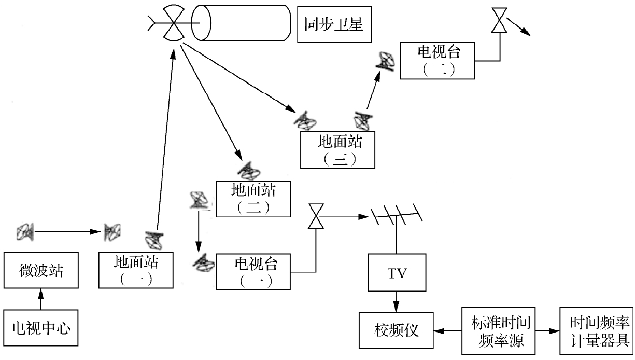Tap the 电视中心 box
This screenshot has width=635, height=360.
[x=41, y=328]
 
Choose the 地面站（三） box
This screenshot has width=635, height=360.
[x=337, y=150]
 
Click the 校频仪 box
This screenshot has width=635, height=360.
[x=397, y=330]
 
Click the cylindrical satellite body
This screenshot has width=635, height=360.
[x=241, y=24]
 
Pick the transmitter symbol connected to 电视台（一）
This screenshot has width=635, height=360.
[x=315, y=216]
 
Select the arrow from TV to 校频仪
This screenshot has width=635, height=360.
[x=397, y=301]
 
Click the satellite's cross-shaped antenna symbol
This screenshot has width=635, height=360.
[x=172, y=24]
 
